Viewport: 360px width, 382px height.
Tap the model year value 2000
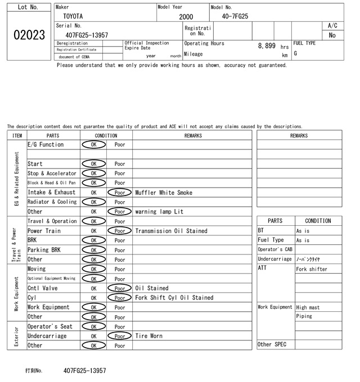[x=186, y=17]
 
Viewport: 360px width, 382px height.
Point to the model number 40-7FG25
[x=235, y=16]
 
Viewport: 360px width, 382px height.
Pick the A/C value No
[x=332, y=35]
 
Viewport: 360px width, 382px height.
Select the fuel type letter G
[x=296, y=53]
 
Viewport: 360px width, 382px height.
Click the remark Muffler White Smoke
[x=163, y=193]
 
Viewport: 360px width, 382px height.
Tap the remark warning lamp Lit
[x=159, y=212]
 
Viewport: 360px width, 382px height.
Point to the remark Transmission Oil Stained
[x=171, y=231]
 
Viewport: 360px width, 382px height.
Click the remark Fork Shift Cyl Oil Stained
[x=174, y=298]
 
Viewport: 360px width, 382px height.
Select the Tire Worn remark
[x=148, y=336]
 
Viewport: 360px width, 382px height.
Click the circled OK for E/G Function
[x=93, y=144]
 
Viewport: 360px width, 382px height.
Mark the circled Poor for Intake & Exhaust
[x=120, y=193]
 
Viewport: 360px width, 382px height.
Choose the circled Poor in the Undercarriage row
[x=120, y=336]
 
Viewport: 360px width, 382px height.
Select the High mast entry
[x=309, y=307]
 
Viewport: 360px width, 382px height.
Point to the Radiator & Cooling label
[x=52, y=202]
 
